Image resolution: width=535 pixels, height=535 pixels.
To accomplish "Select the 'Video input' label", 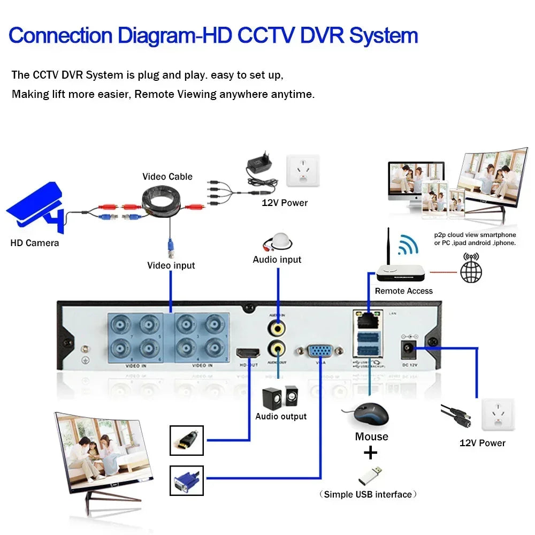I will (x=171, y=265).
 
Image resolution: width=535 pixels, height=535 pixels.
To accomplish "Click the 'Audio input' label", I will (x=277, y=259).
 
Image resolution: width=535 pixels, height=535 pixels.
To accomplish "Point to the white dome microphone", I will (x=278, y=241).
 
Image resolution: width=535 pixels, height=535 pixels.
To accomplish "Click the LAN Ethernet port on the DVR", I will (x=368, y=320).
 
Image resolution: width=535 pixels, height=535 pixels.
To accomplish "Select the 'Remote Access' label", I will (x=403, y=291).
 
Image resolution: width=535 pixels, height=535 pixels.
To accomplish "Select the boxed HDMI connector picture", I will (x=186, y=440).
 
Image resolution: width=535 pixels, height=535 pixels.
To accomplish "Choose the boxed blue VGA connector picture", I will (x=186, y=480).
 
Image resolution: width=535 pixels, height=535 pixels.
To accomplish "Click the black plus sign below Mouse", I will (x=370, y=453).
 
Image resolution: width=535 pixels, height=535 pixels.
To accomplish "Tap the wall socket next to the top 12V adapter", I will (x=303, y=171).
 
